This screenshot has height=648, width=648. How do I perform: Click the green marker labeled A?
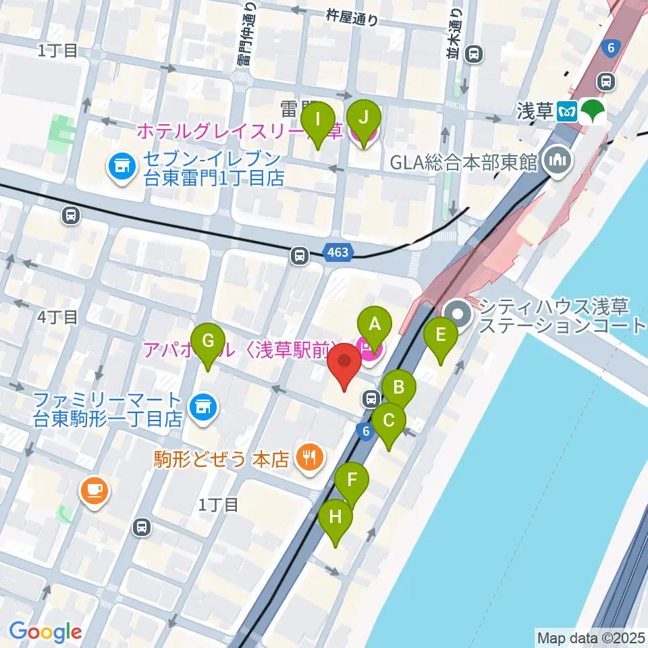click(373, 327)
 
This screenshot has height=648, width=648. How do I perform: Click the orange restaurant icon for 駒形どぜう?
click(310, 460)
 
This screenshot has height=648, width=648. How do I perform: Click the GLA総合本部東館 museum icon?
click(560, 161)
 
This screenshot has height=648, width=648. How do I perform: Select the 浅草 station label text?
click(535, 111)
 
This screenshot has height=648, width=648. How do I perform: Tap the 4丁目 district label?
click(58, 317)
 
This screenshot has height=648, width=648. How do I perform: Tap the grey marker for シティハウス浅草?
click(460, 314)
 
